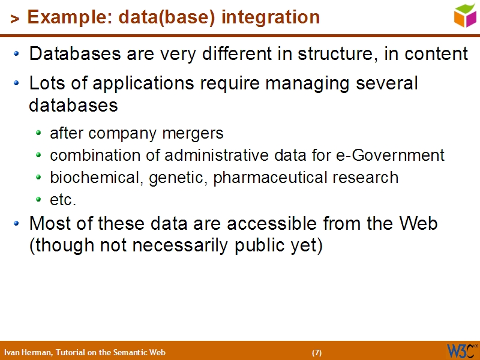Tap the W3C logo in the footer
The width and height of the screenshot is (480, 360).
point(461,351)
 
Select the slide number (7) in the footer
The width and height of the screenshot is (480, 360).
point(317,352)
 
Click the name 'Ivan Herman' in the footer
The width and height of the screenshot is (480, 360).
point(28,352)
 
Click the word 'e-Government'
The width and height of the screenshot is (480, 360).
point(398,155)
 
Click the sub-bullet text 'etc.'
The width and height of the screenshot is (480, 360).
point(63,200)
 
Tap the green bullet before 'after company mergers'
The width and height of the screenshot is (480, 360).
point(39,133)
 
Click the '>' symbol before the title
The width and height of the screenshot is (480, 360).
point(15,19)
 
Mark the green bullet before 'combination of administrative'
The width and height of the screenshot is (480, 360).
point(39,156)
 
